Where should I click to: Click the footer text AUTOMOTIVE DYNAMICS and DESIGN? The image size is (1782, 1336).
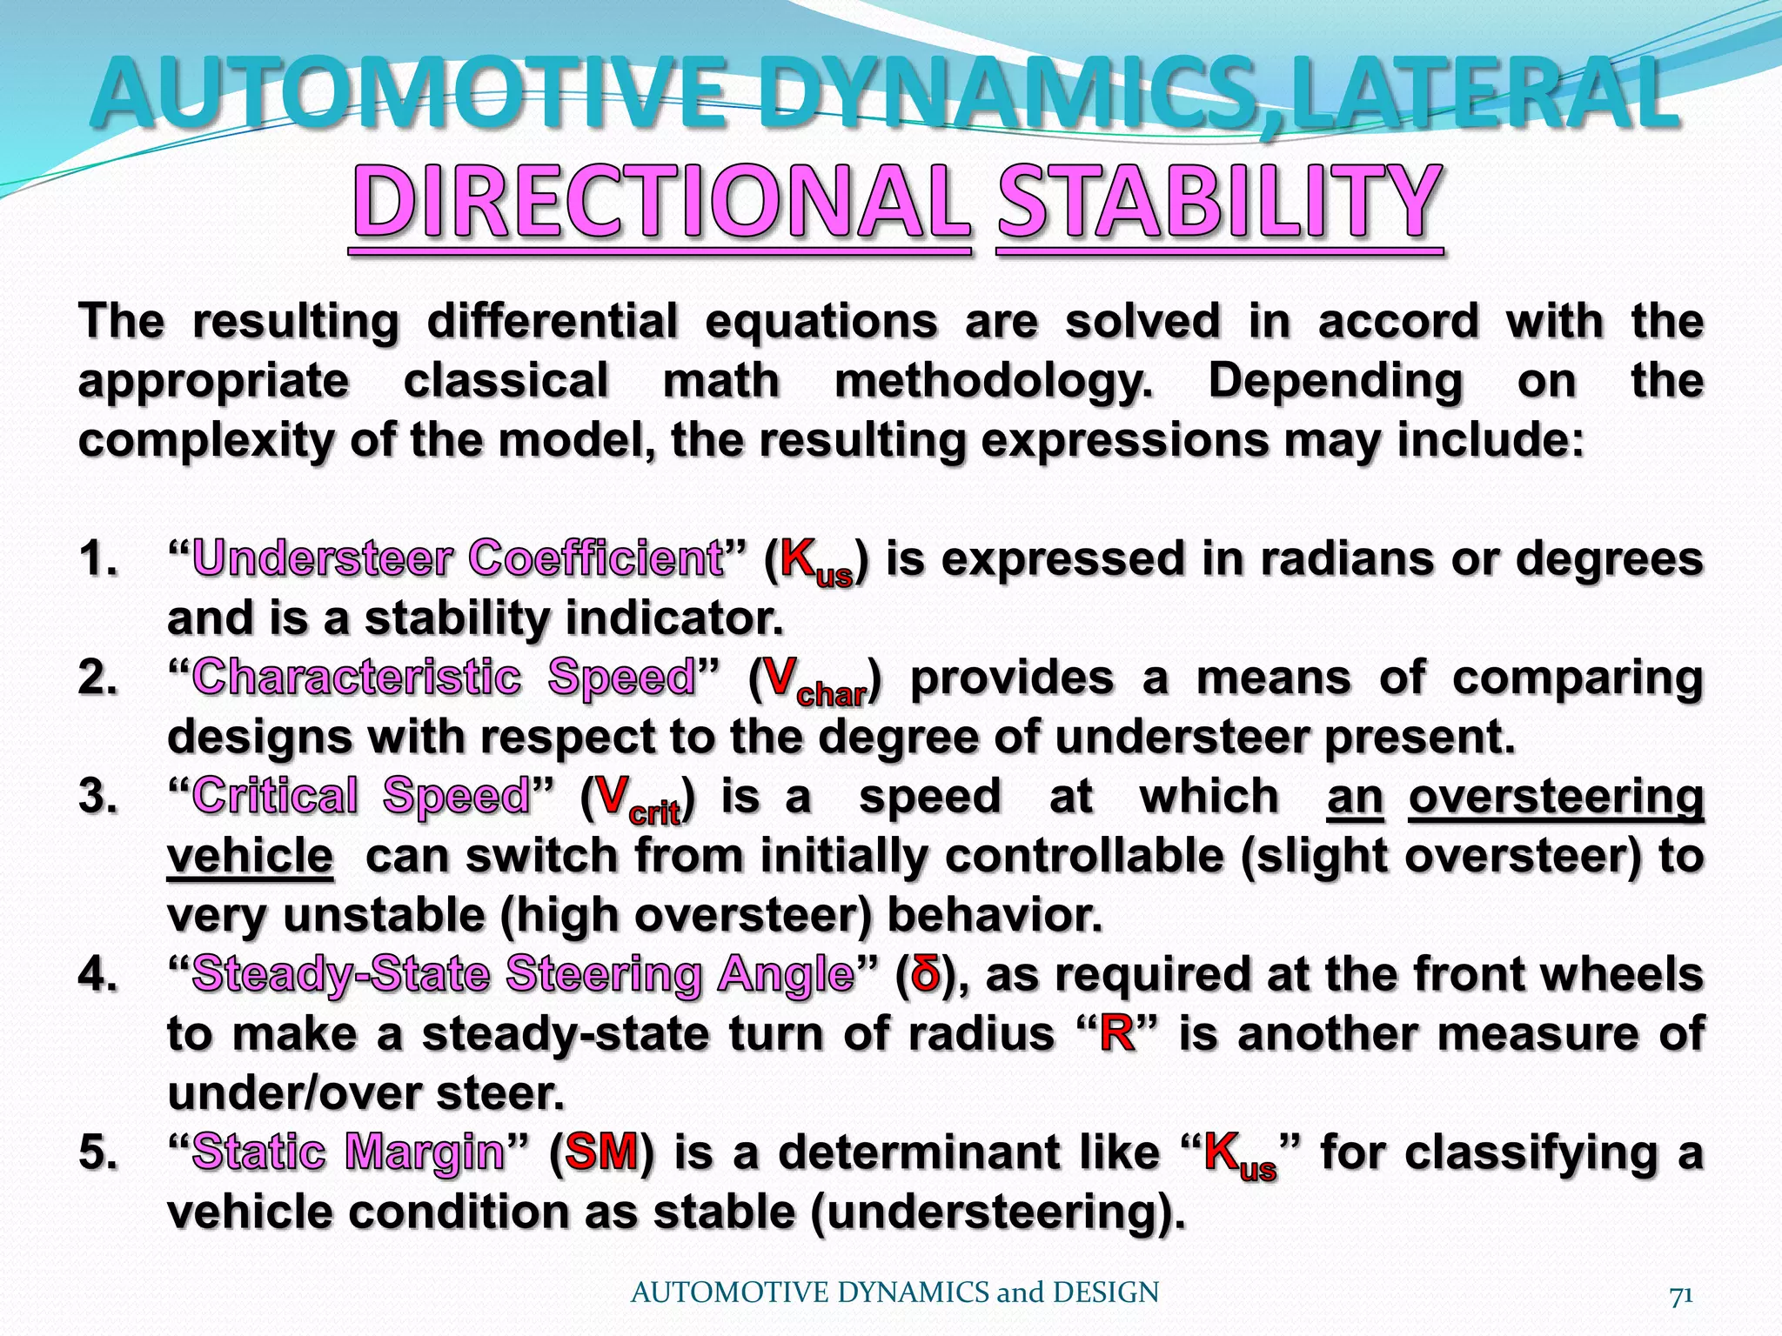point(894,1293)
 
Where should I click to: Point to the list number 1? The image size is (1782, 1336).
point(97,558)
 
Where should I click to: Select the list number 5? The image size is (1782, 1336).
point(97,1153)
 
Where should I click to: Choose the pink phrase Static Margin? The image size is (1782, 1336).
point(348,1153)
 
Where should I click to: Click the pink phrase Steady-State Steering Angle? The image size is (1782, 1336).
point(522,974)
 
